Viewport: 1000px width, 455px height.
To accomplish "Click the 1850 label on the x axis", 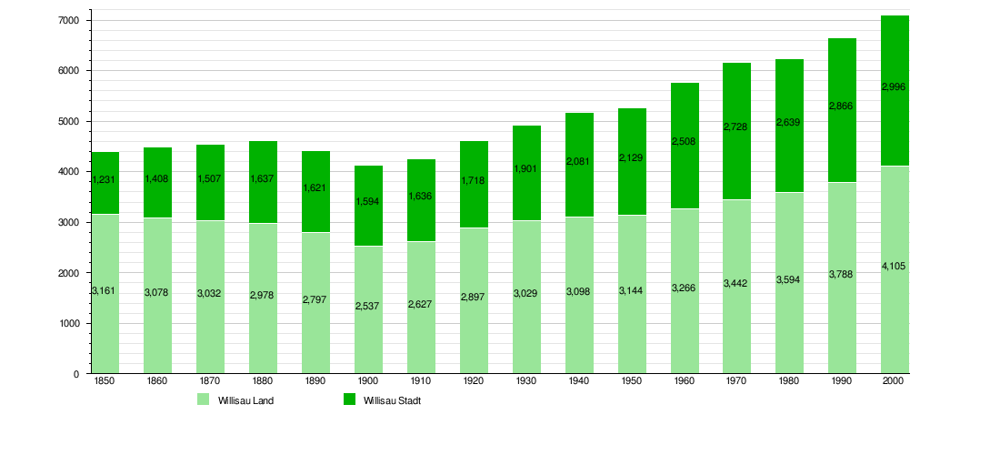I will click(x=105, y=381).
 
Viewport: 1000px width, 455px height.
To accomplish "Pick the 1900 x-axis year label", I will click(x=368, y=381).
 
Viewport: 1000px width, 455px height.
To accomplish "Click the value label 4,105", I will click(x=895, y=266).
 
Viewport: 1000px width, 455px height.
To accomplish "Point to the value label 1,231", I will click(x=105, y=180).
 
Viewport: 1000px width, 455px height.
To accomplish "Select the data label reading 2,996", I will click(x=895, y=86).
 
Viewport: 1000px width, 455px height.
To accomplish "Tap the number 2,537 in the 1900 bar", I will click(x=368, y=305).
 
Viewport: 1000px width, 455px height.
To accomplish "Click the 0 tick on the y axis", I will click(x=75, y=374).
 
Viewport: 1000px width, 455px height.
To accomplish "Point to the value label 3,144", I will click(x=632, y=291).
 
